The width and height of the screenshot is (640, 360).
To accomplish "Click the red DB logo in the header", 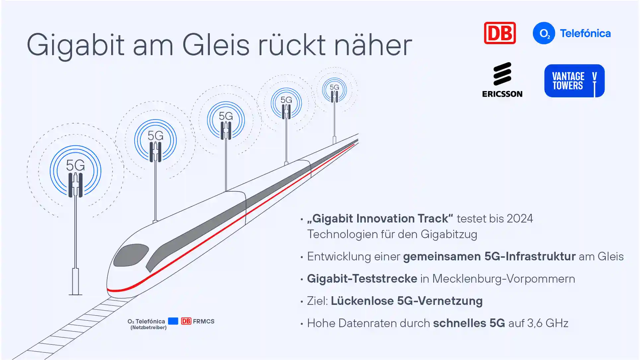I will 500,33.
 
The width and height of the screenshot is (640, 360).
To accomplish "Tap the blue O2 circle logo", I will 543,33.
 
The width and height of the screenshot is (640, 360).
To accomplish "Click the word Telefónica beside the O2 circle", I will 585,33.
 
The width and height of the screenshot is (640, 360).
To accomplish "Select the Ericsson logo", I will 502,80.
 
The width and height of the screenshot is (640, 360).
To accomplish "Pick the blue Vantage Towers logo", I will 574,81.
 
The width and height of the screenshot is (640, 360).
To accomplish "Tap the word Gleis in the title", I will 215,45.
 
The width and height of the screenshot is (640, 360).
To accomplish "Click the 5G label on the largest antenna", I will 75,165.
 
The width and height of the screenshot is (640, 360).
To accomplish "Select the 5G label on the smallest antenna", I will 334,87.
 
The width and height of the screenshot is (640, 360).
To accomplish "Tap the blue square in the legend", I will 173,321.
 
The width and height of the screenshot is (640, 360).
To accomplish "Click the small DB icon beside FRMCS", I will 186,321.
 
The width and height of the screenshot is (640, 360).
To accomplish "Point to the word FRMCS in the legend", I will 203,321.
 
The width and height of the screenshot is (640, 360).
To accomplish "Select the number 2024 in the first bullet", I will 520,219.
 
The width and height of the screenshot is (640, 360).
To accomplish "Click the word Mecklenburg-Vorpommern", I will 503,279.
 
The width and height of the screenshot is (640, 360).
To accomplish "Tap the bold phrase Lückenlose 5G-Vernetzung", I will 406,301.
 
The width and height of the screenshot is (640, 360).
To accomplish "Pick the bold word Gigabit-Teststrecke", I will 362,279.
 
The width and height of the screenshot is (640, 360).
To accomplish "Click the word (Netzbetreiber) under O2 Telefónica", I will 148,327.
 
